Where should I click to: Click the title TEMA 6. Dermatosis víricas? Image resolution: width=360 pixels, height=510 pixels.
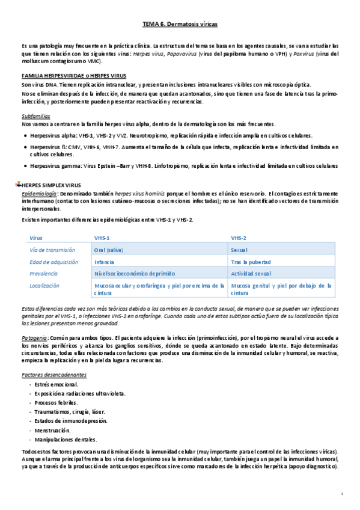pos(180,24)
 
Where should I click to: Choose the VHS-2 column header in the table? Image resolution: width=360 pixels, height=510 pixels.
pos(239,238)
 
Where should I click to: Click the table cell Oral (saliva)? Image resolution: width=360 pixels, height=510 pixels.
pos(111,250)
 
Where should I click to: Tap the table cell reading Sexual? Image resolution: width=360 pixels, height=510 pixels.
pos(242,250)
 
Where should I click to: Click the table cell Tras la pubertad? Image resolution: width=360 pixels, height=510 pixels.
pos(251,262)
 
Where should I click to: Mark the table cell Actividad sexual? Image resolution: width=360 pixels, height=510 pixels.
pos(251,274)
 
